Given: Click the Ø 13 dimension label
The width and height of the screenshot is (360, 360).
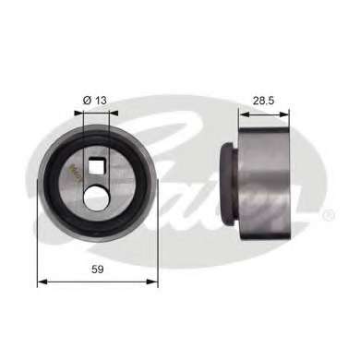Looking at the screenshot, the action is click(95, 100).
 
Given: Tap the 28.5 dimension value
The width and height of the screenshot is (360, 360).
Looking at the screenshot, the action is click(263, 101).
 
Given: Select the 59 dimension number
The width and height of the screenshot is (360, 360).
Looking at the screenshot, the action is click(98, 270).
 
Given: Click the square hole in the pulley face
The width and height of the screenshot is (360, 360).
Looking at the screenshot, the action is click(96, 165).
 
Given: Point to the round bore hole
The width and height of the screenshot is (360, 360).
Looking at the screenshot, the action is click(96, 198).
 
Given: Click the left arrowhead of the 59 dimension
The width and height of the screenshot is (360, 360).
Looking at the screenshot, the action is click(42, 282).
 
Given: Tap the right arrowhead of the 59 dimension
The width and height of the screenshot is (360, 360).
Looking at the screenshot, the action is click(153, 282).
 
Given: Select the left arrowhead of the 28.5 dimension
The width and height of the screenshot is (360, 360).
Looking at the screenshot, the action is click(245, 114).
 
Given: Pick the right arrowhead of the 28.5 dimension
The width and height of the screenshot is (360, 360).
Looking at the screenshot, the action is click(284, 114).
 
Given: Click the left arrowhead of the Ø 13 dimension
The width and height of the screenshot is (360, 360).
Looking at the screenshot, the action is click(78, 113).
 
